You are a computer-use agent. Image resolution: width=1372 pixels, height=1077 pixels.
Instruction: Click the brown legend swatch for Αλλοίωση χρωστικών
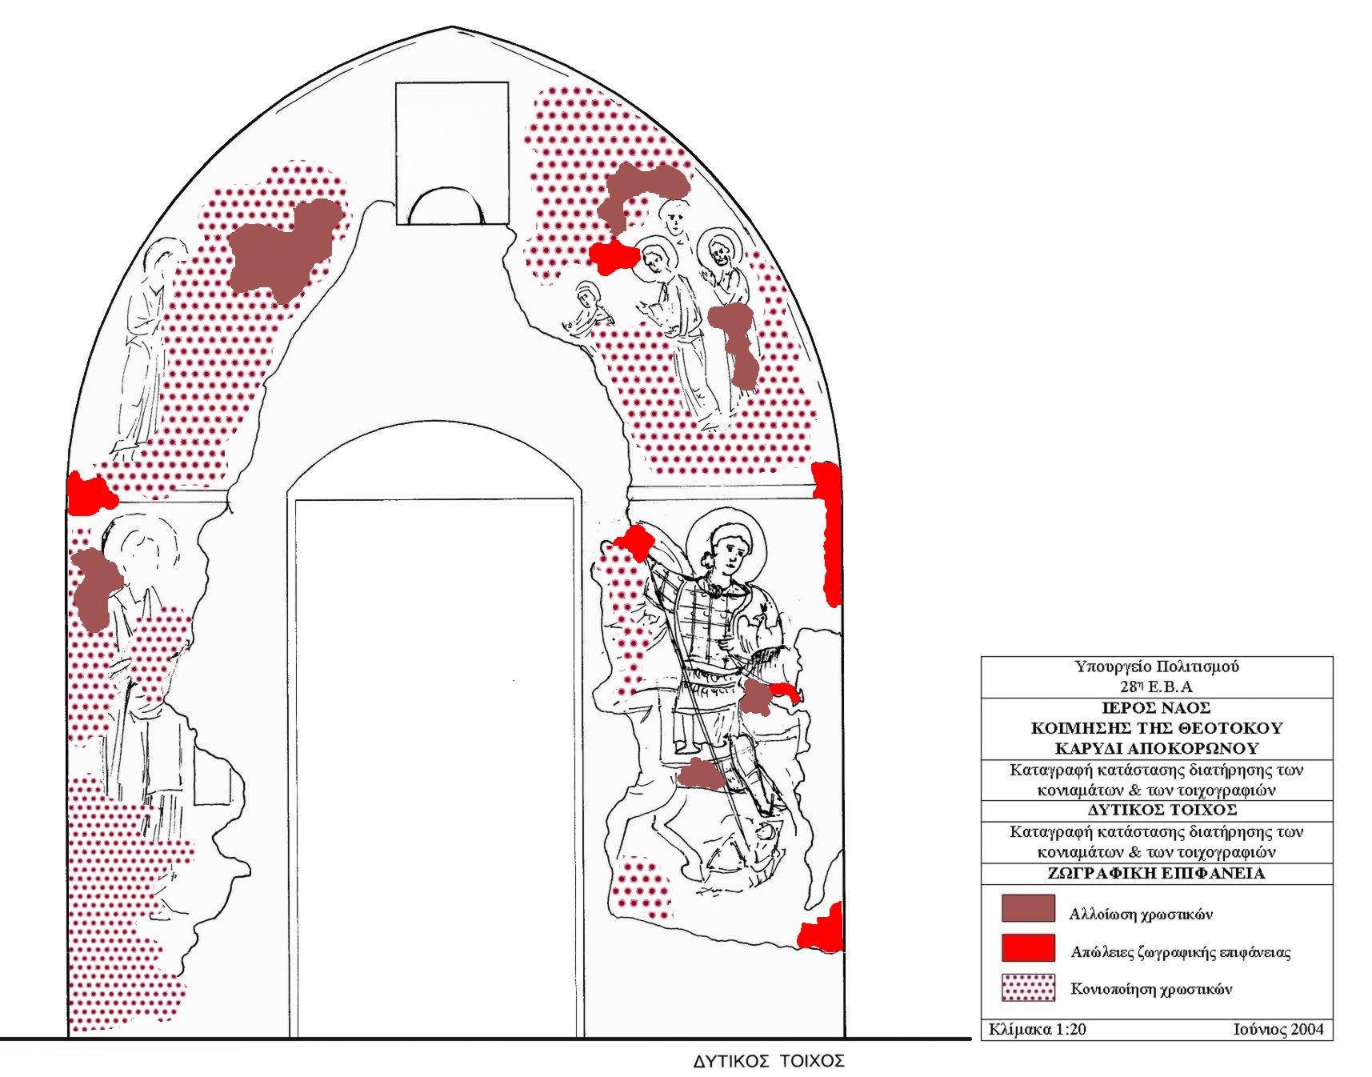coord(1028,909)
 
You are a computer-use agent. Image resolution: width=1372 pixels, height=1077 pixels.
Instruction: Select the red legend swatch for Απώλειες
coord(1028,947)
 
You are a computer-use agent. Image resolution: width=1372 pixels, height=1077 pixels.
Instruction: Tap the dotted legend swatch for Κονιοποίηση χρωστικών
coord(1028,987)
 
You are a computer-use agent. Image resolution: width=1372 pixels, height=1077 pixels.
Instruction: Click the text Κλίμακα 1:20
coord(1037,1029)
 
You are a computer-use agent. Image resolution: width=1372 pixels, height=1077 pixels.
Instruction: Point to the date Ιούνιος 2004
coord(1278,1029)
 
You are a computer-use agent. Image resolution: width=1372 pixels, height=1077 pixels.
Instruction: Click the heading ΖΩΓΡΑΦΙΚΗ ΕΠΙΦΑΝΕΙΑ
coord(1156,873)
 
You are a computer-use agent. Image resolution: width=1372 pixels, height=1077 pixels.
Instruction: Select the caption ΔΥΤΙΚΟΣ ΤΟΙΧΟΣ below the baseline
coord(768,1062)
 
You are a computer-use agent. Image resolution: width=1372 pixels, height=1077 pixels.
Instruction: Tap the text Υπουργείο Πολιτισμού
coord(1156,667)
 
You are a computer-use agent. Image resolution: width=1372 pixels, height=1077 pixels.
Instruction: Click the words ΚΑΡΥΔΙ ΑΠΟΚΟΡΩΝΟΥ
coord(1156,749)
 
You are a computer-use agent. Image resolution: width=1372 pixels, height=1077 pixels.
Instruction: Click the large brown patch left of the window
coord(282,248)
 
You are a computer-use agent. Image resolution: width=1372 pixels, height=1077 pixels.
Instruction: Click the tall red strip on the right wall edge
coord(828,532)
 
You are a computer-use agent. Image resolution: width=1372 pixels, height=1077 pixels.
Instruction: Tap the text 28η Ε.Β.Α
coord(1156,687)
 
